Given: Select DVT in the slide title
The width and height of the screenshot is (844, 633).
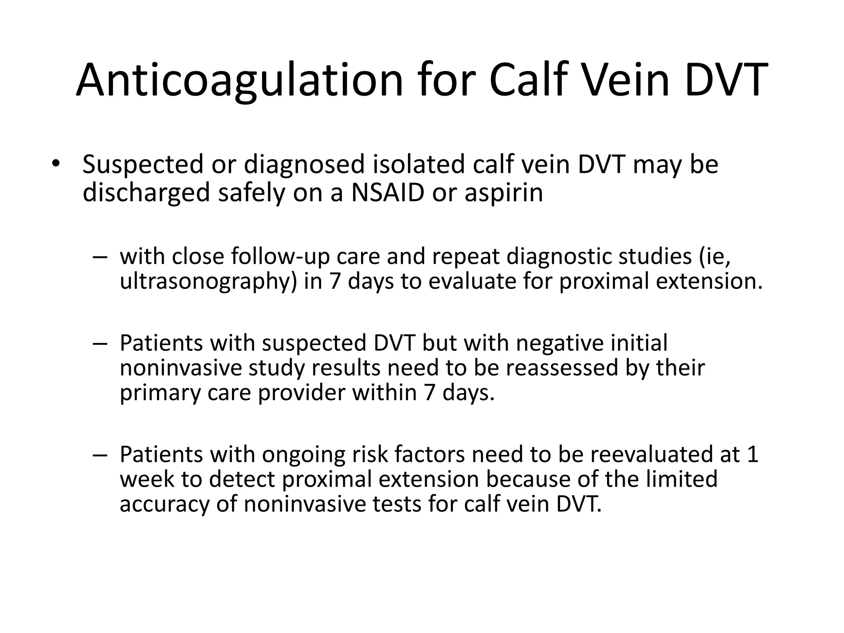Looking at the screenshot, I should (x=727, y=80).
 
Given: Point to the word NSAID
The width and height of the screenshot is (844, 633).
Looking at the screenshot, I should (x=387, y=192).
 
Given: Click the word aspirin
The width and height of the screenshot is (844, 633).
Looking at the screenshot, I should (x=504, y=192).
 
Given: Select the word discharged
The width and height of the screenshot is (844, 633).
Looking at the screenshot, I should (x=146, y=192).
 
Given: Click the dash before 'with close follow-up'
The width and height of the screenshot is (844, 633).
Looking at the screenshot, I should (x=100, y=257).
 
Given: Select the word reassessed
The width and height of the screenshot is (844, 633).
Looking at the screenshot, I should (x=562, y=368).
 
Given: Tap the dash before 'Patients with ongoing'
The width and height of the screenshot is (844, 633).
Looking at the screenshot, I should (x=100, y=455).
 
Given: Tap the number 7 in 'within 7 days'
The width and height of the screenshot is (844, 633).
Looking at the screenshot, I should (x=430, y=392).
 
